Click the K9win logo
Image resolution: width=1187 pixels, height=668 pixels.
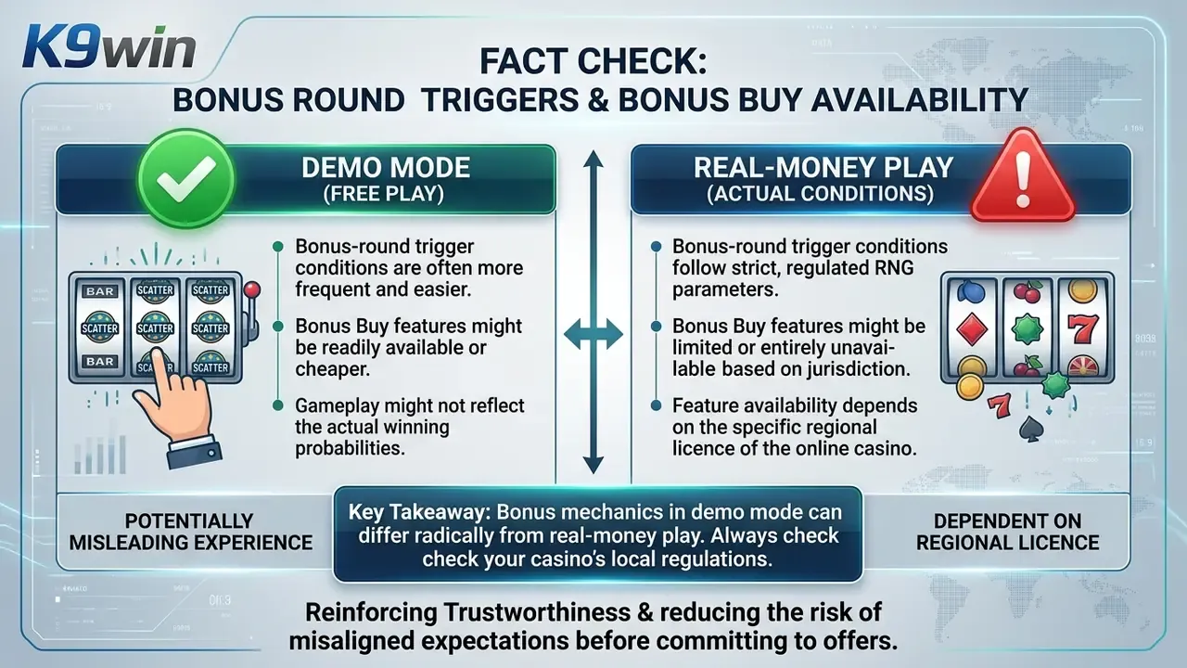point(109,47)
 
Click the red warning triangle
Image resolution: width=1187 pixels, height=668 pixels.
point(1022,176)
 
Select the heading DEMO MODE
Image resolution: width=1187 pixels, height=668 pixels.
point(385,168)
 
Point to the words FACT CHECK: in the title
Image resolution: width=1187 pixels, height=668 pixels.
point(593,61)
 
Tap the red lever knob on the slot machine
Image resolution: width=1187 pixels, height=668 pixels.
point(251,289)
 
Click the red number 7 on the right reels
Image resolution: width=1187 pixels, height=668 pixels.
point(1082,328)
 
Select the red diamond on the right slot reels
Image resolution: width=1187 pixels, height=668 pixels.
point(972,329)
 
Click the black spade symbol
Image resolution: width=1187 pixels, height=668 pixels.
point(1031,429)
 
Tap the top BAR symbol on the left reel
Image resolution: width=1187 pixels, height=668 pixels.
point(99,291)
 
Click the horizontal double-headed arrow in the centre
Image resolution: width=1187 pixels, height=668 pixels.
point(593,335)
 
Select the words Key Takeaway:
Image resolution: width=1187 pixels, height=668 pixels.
point(418,512)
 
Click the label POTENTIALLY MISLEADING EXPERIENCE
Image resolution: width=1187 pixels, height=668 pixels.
point(191,532)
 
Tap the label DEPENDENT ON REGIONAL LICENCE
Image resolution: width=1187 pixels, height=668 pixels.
point(1007,532)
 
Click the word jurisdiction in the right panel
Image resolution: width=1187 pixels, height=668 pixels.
point(859,369)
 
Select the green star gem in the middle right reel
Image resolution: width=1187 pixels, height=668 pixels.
point(1027,328)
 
